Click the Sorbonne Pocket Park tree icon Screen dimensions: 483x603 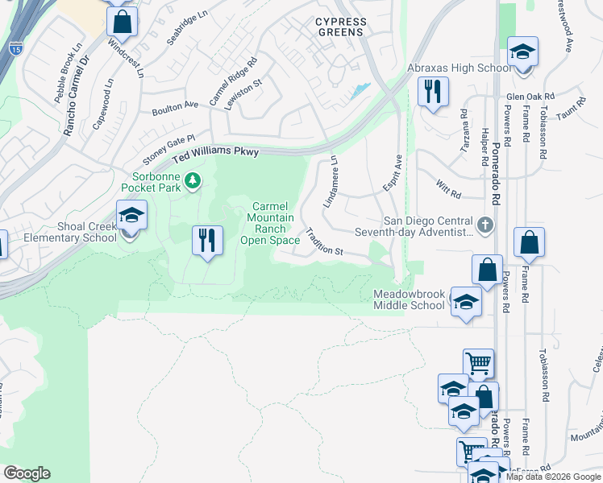tap(192, 180)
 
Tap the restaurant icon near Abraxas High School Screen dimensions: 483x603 tap(433, 92)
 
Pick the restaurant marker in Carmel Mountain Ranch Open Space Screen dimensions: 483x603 tap(207, 240)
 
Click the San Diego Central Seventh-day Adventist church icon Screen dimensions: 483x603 tap(484, 225)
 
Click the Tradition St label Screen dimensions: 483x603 tap(324, 242)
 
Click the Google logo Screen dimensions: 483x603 tap(27, 473)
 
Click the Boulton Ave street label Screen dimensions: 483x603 tap(174, 105)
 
